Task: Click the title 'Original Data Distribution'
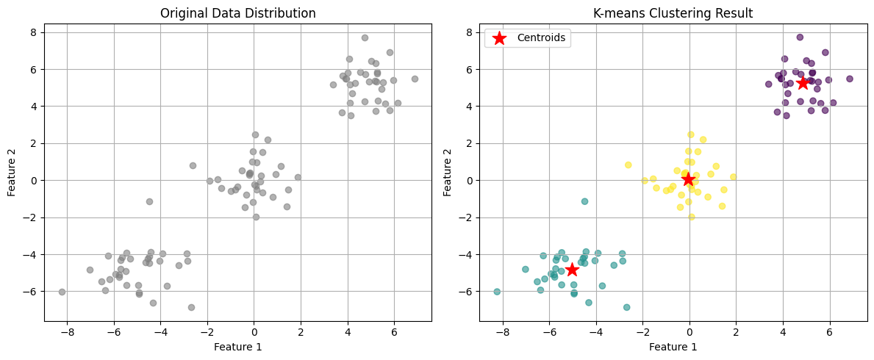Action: [x=237, y=13]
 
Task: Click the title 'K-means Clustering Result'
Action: [x=673, y=13]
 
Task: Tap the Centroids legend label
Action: [x=542, y=37]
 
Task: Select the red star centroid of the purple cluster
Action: [x=803, y=83]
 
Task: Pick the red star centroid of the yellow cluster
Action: [x=688, y=179]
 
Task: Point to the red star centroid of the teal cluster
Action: [x=572, y=270]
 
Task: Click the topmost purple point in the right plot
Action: [x=800, y=37]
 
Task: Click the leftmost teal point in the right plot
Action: [x=497, y=292]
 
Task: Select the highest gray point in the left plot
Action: [x=365, y=37]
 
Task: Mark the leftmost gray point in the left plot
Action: [x=62, y=292]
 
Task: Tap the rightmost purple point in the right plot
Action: [x=850, y=79]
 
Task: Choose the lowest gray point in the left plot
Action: [x=191, y=307]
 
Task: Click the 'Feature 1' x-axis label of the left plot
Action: [x=237, y=346]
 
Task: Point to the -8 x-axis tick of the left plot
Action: [x=67, y=332]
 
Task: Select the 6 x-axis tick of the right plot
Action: [x=830, y=332]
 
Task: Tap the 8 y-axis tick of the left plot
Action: [x=33, y=32]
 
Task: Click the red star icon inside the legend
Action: [x=499, y=37]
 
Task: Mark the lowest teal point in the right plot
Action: [x=626, y=307]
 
